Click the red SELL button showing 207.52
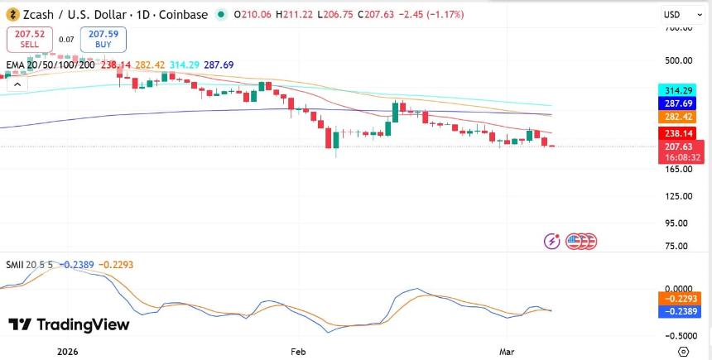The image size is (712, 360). click(29, 38)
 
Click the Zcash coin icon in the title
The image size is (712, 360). click(14, 15)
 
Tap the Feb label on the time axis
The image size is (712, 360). click(298, 351)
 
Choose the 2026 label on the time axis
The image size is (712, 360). click(68, 351)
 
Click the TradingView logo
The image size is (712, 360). click(70, 324)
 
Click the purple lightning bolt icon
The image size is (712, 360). click(552, 241)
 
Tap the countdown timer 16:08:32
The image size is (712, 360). click(683, 156)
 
